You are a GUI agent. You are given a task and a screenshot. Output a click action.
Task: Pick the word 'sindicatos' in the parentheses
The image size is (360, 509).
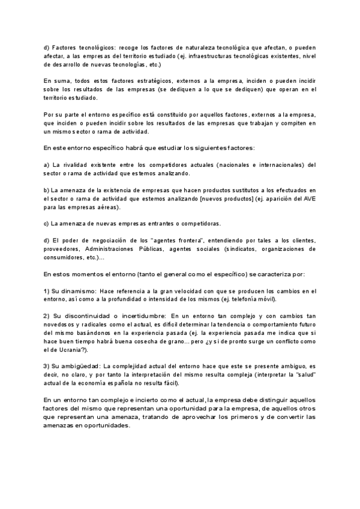pos(242,248)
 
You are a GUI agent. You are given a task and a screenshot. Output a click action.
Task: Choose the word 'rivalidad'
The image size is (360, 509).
pos(80,164)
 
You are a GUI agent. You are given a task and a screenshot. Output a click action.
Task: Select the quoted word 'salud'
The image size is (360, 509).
pos(304,375)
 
